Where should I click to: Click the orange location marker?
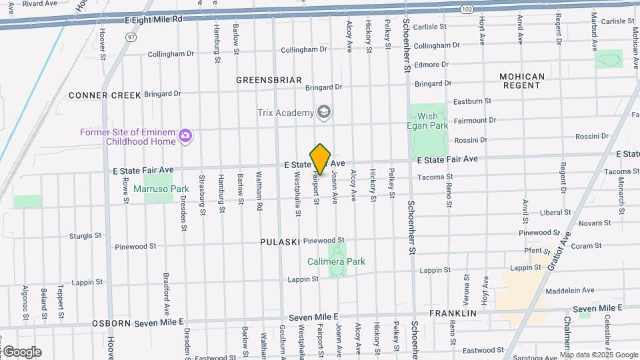[320, 159]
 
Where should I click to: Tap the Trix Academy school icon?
[324, 112]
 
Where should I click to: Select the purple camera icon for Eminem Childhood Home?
[185, 136]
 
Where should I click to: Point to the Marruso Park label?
[161, 189]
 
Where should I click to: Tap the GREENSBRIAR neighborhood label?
[269, 80]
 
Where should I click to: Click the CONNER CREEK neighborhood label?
[105, 95]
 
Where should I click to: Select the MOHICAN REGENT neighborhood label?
[522, 81]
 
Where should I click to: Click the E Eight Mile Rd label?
[153, 20]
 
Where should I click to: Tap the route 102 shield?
[467, 9]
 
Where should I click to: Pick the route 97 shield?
[131, 37]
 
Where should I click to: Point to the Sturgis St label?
[85, 236]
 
